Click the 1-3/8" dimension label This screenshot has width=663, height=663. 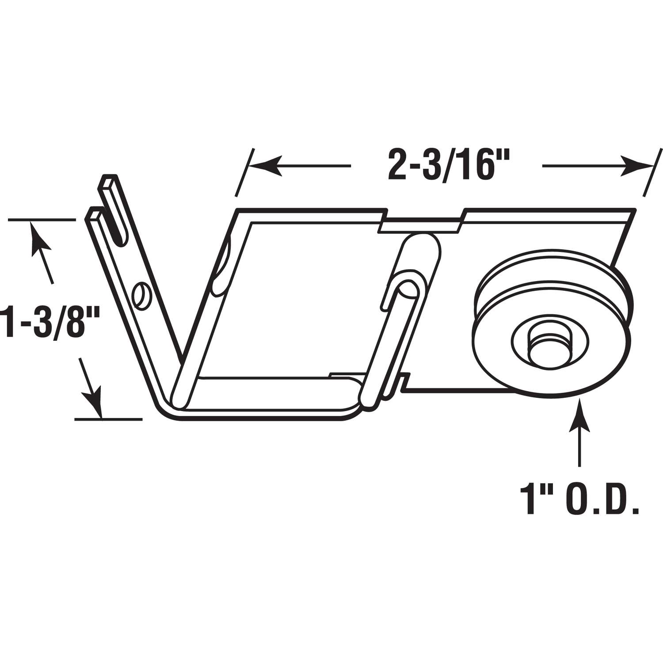[49, 324]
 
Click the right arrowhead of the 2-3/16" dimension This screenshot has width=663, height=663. [636, 166]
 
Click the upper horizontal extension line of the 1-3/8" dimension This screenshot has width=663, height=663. [42, 220]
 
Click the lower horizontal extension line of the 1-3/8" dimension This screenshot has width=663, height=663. [108, 418]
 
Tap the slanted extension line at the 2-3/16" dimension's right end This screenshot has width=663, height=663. [653, 172]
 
